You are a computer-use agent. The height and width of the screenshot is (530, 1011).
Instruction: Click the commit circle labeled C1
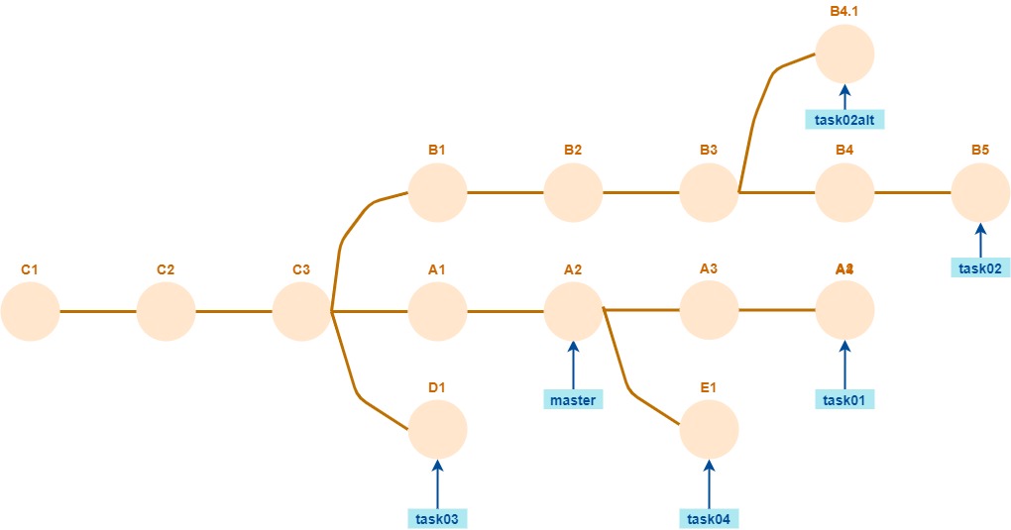pyautogui.click(x=30, y=311)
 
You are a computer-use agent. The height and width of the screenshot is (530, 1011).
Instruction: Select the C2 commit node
pyautogui.click(x=166, y=311)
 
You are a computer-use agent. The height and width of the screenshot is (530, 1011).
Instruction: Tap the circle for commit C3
pyautogui.click(x=301, y=311)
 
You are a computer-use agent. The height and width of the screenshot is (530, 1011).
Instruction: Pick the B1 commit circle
pyautogui.click(x=437, y=192)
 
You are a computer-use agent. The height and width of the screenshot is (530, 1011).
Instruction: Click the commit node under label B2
pyautogui.click(x=573, y=192)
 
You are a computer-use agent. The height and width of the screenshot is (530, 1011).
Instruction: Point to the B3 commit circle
pyautogui.click(x=709, y=192)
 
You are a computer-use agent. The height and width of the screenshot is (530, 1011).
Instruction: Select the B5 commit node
pyautogui.click(x=980, y=192)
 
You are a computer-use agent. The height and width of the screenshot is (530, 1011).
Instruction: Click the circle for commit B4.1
pyautogui.click(x=844, y=53)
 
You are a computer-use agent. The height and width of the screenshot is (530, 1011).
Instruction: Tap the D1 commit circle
pyautogui.click(x=437, y=430)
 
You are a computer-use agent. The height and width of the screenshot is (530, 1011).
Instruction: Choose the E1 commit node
pyautogui.click(x=709, y=430)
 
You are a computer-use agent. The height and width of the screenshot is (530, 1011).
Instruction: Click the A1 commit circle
pyautogui.click(x=437, y=311)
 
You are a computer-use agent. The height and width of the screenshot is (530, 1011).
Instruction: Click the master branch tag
pyautogui.click(x=573, y=400)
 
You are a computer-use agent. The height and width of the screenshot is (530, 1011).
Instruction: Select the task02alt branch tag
pyautogui.click(x=844, y=121)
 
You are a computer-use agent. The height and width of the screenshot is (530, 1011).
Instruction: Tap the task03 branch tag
pyautogui.click(x=437, y=518)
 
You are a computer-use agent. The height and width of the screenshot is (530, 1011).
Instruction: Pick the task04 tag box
pyautogui.click(x=709, y=518)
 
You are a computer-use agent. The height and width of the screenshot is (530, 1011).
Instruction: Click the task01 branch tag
pyautogui.click(x=844, y=400)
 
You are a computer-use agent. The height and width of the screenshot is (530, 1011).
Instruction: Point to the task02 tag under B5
pyautogui.click(x=980, y=267)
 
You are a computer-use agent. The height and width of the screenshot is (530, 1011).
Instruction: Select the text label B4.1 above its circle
pyautogui.click(x=844, y=11)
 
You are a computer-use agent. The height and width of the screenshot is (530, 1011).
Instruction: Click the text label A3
pyautogui.click(x=709, y=268)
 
